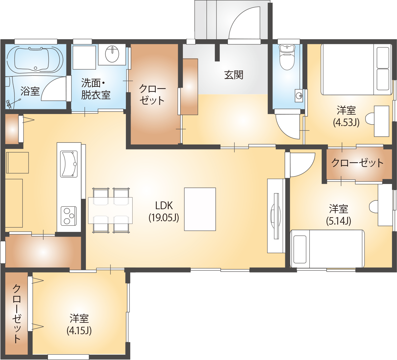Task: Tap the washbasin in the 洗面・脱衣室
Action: pyautogui.click(x=112, y=54)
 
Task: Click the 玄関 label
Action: pyautogui.click(x=234, y=75)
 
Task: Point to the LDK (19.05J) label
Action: pyautogui.click(x=164, y=211)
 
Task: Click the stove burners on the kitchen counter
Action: pyautogui.click(x=68, y=216)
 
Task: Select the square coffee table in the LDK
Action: pyautogui.click(x=200, y=209)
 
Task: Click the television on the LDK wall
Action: pyautogui.click(x=276, y=216)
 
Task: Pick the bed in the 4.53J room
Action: pyautogui.click(x=356, y=69)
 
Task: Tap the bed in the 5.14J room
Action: pyautogui.click(x=327, y=248)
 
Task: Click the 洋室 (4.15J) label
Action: pyautogui.click(x=79, y=324)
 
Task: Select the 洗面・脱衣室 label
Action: pyautogui.click(x=96, y=89)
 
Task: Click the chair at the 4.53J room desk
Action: pyautogui.click(x=370, y=119)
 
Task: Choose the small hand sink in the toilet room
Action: pyautogui.click(x=298, y=96)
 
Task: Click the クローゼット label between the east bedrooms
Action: pyautogui.click(x=357, y=163)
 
